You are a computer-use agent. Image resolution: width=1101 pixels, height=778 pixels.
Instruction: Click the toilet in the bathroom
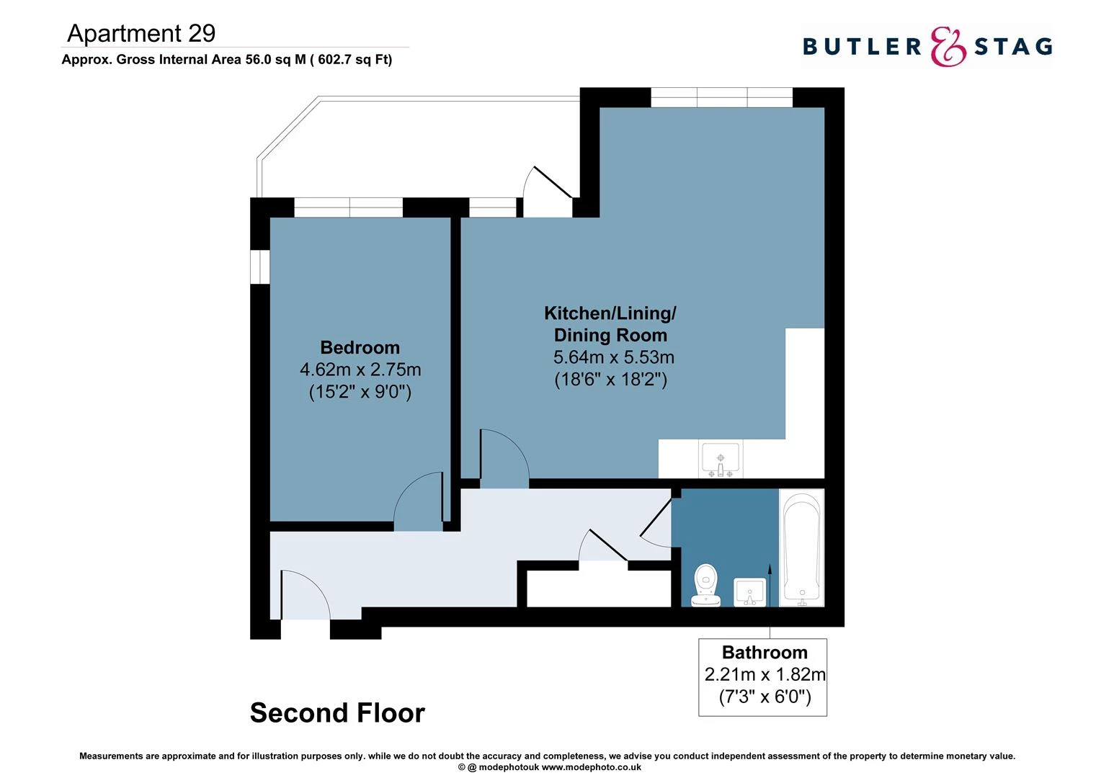pyautogui.click(x=706, y=585)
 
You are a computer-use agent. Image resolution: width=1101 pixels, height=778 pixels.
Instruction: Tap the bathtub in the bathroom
pyautogui.click(x=801, y=547)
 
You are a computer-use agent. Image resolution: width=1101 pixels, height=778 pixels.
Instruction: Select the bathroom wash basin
pyautogui.click(x=749, y=592)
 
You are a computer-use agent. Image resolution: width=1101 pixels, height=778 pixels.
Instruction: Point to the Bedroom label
pyautogui.click(x=360, y=347)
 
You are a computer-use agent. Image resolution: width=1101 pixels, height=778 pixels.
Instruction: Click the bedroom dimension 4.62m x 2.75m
pyautogui.click(x=360, y=370)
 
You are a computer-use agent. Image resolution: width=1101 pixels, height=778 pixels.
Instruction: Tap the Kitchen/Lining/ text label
pyautogui.click(x=610, y=313)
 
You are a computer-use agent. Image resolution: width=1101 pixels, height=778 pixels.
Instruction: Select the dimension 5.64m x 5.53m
pyautogui.click(x=613, y=357)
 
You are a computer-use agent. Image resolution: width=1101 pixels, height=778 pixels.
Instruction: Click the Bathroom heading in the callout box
pyautogui.click(x=764, y=653)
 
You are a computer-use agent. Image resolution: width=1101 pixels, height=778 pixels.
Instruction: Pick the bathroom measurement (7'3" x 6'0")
pyautogui.click(x=765, y=697)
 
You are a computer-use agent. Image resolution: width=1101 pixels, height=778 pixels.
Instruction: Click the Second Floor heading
pyautogui.click(x=337, y=713)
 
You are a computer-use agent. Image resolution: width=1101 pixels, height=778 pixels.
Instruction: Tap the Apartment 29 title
pyautogui.click(x=141, y=33)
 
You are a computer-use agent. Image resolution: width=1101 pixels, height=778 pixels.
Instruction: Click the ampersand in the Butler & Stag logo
pyautogui.click(x=948, y=47)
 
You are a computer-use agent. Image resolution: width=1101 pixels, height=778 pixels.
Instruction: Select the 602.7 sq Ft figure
pyautogui.click(x=353, y=60)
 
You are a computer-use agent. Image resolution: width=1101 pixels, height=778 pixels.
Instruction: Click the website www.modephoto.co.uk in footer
pyautogui.click(x=591, y=767)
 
